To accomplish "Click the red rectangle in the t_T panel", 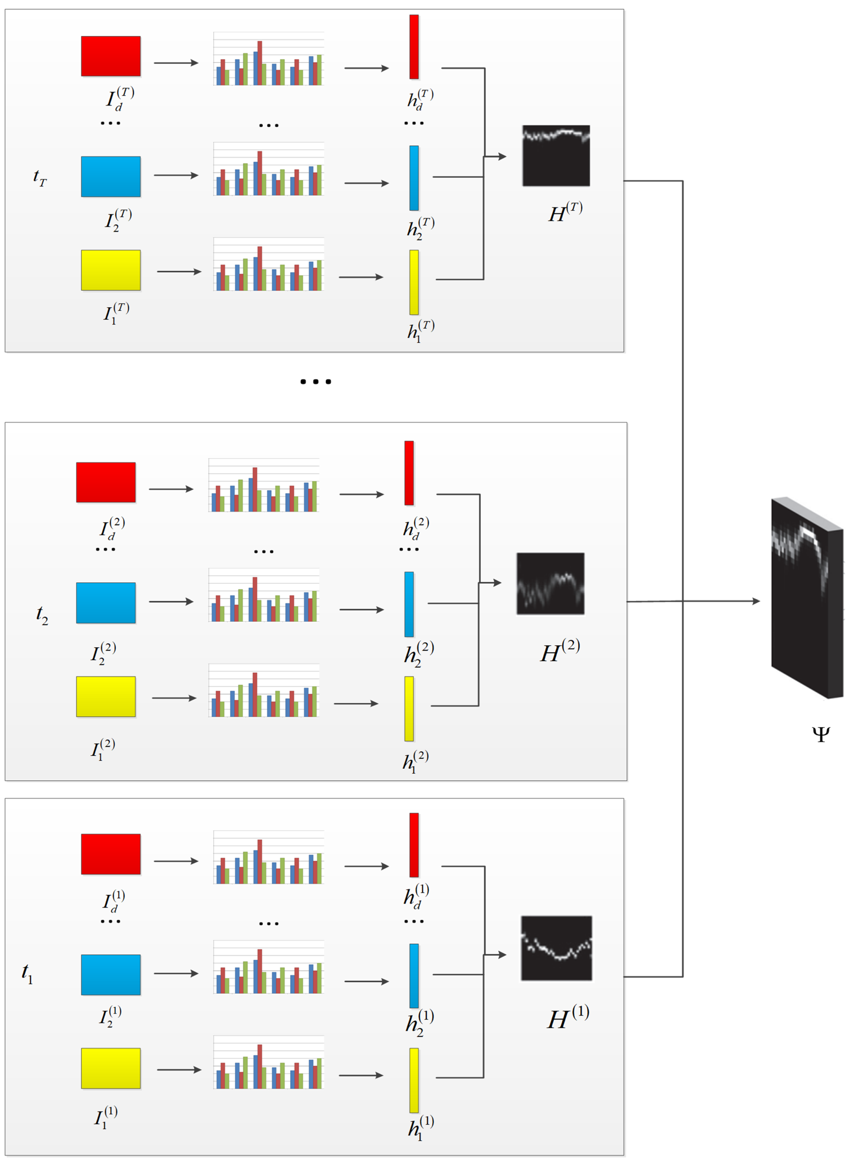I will [111, 56].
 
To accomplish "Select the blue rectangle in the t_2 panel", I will [106, 603].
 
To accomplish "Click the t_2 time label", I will [42, 614].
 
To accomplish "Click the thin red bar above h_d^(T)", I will [414, 47].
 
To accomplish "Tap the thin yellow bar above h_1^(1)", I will [414, 1081].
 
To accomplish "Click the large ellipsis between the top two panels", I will [315, 381].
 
